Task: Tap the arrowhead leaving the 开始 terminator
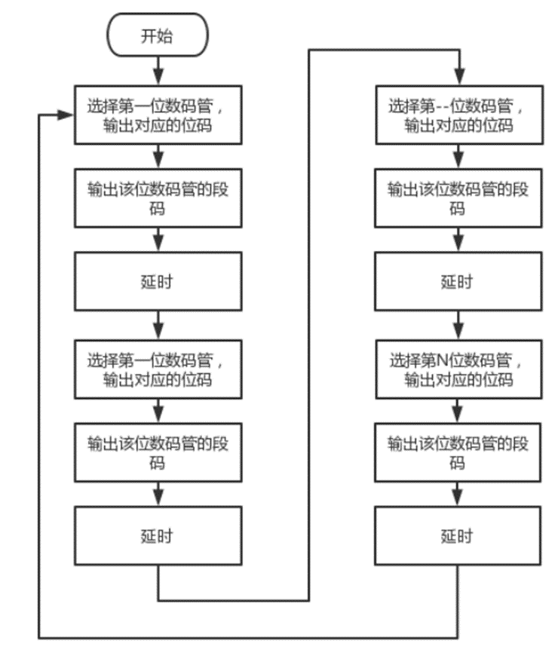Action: (157, 78)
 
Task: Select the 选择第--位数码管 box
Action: (458, 115)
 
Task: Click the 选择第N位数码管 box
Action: (458, 369)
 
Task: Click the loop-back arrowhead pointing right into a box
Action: (66, 115)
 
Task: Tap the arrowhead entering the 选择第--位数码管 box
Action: (458, 78)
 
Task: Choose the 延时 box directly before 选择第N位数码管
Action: (458, 281)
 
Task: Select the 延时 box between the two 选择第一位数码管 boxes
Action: (157, 281)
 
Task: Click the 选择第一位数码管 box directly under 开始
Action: (157, 115)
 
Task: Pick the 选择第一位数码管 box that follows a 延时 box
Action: (157, 369)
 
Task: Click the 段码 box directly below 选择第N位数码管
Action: (458, 452)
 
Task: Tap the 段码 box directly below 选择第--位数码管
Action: (458, 198)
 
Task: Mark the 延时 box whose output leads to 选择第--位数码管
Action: (157, 536)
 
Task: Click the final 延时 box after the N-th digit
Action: (458, 536)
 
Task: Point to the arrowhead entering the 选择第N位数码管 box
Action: (458, 333)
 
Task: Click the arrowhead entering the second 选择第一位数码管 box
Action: (157, 333)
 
